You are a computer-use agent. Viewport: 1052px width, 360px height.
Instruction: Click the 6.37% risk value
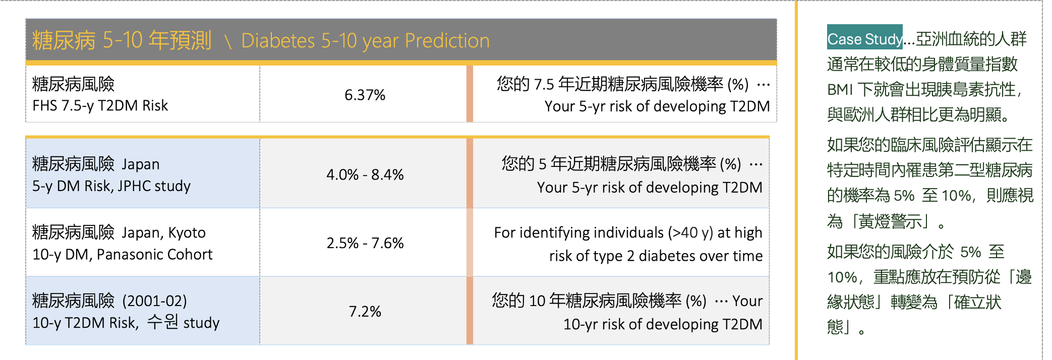pyautogui.click(x=365, y=95)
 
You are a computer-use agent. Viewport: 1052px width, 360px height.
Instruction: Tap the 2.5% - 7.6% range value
pyautogui.click(x=365, y=243)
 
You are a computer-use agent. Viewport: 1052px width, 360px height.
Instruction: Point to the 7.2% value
pyautogui.click(x=365, y=312)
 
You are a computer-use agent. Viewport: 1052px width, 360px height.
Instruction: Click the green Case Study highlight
pyautogui.click(x=864, y=37)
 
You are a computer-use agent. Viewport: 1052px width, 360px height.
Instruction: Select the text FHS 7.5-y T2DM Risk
pyautogui.click(x=100, y=105)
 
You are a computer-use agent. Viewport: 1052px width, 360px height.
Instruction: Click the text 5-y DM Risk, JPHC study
pyautogui.click(x=111, y=186)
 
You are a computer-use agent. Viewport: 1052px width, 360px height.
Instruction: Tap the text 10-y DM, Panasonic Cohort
pyautogui.click(x=123, y=255)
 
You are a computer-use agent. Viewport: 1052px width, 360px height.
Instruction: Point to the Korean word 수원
pyautogui.click(x=162, y=322)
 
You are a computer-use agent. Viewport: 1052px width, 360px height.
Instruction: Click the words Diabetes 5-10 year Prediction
pyautogui.click(x=365, y=40)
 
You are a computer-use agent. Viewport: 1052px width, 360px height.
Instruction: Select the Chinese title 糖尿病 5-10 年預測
pyautogui.click(x=122, y=40)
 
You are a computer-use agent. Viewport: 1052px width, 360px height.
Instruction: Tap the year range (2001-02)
pyautogui.click(x=154, y=301)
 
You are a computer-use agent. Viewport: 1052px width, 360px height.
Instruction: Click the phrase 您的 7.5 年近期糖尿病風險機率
pyautogui.click(x=610, y=84)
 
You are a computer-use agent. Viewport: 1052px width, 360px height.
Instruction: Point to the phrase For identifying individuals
pyautogui.click(x=578, y=232)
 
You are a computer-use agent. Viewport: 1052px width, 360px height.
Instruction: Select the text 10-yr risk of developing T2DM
pyautogui.click(x=663, y=324)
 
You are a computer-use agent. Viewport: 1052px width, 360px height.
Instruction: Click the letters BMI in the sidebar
pyautogui.click(x=840, y=90)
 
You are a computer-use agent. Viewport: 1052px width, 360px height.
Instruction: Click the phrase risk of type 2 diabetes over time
pyautogui.click(x=656, y=256)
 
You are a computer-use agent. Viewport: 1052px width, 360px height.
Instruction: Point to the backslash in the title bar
pyautogui.click(x=228, y=41)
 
